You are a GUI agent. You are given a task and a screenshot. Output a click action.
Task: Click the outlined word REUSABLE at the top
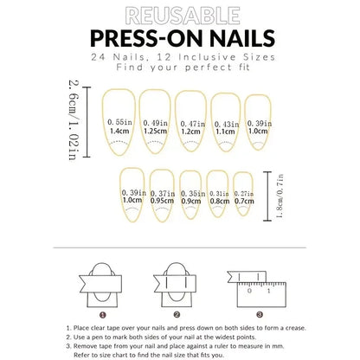click(181, 16)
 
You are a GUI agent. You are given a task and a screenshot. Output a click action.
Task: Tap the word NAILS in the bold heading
click(239, 38)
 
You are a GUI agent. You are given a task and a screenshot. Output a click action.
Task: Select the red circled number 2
click(177, 315)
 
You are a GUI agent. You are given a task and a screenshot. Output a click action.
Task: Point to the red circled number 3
click(252, 315)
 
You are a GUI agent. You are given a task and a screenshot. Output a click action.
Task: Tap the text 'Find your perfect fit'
click(181, 67)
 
